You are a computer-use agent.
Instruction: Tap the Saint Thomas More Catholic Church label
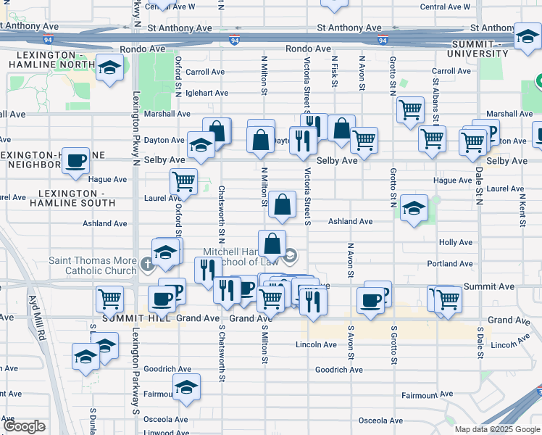92,265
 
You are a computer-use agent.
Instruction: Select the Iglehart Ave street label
207,93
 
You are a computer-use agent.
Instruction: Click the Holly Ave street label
455,243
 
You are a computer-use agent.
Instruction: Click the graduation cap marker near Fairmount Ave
186,387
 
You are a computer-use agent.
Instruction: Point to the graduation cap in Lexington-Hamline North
109,69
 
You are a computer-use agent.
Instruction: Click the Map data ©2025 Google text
497,429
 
